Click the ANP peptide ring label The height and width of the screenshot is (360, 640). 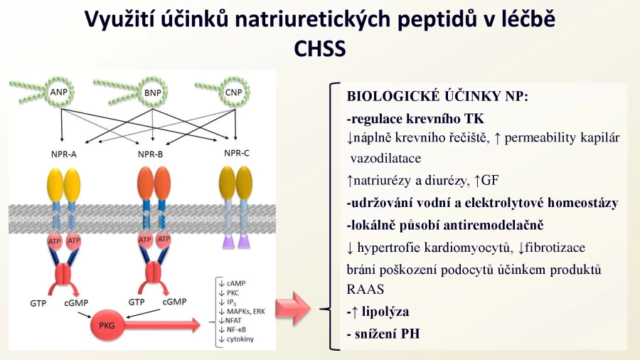click(59, 92)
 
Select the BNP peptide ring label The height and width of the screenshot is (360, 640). click(153, 93)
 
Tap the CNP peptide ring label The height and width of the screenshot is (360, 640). click(233, 92)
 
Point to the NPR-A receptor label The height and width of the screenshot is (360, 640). click(64, 154)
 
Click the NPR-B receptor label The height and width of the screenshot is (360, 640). click(150, 154)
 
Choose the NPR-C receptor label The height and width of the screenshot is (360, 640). click(236, 153)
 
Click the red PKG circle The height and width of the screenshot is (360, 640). click(107, 325)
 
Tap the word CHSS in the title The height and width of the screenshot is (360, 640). click(319, 49)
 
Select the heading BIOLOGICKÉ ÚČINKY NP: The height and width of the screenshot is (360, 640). click(437, 96)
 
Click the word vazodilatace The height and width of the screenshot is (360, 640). click(385, 158)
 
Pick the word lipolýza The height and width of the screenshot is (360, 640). click(385, 312)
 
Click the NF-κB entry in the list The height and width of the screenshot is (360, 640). click(233, 330)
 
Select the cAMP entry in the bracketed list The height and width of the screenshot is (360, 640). click(233, 283)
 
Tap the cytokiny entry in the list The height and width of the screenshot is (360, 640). click(236, 339)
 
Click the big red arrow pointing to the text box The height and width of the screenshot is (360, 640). click(293, 309)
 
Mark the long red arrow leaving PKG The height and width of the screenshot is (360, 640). click(162, 325)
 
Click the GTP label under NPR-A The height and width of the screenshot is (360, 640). click(38, 304)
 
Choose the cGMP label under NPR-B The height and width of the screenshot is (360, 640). click(174, 302)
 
